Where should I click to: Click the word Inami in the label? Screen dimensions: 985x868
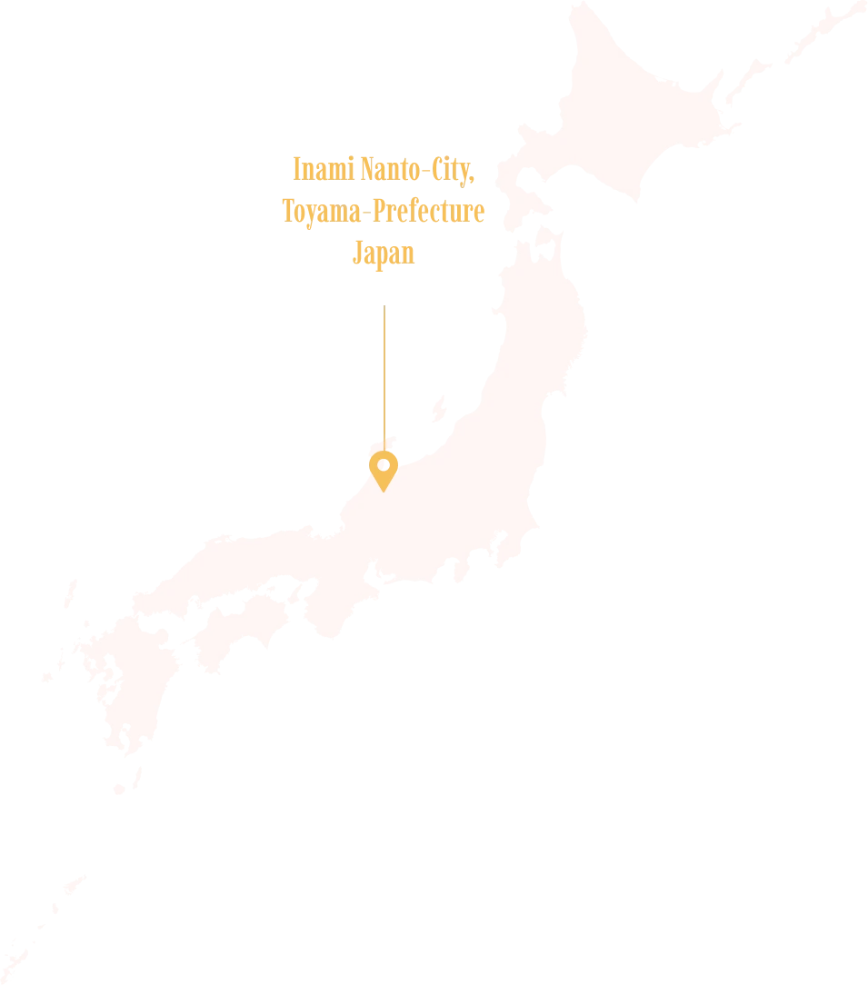coord(313,169)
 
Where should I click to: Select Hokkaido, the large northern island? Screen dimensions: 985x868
coord(627,118)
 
